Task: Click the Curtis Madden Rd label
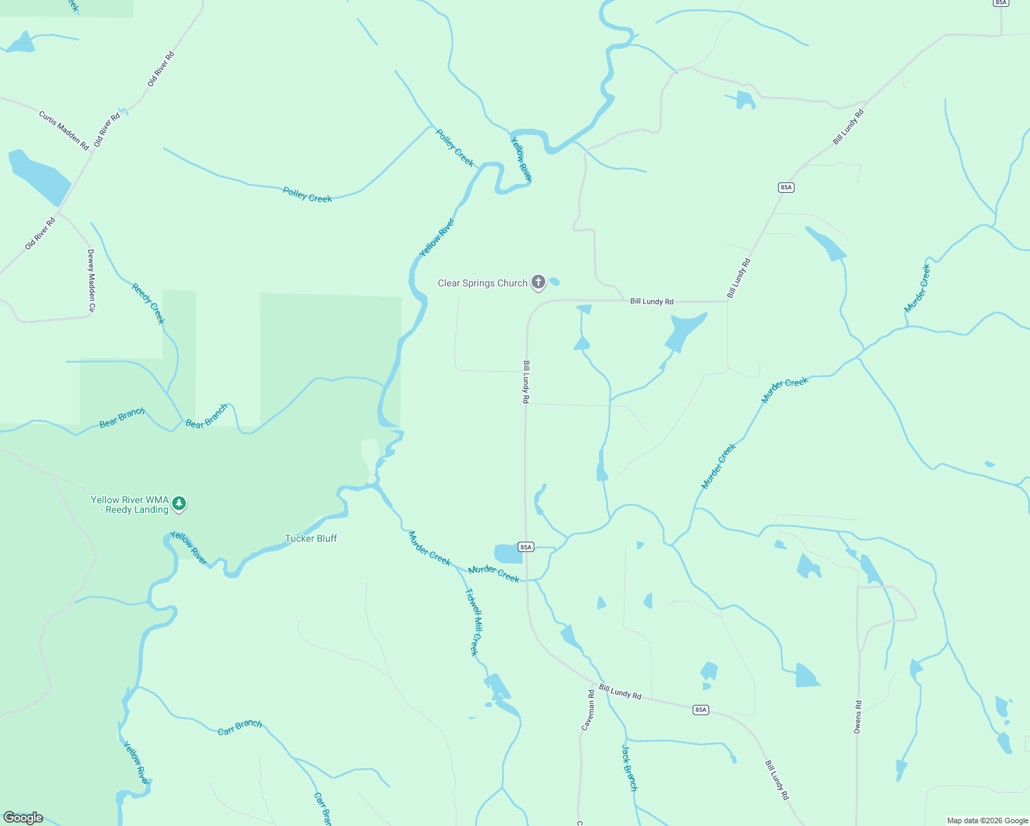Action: (64, 131)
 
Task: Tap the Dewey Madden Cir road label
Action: (90, 281)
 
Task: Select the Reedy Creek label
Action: (148, 304)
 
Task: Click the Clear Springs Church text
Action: (483, 283)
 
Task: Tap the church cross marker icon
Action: (538, 282)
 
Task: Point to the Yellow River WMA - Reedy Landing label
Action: (130, 505)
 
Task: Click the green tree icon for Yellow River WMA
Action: (179, 504)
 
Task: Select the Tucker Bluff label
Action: (311, 538)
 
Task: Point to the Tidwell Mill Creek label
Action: (473, 622)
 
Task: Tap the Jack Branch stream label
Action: (629, 767)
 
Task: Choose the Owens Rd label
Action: (858, 717)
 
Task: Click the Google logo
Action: (23, 818)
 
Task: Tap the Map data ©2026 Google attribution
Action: (987, 820)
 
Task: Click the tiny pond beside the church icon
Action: (554, 282)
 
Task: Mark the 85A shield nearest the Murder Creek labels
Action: (526, 547)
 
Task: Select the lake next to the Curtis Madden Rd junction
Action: (39, 177)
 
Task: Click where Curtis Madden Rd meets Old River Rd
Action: (94, 149)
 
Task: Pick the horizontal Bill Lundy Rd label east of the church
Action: (651, 301)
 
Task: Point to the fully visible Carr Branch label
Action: (240, 727)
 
